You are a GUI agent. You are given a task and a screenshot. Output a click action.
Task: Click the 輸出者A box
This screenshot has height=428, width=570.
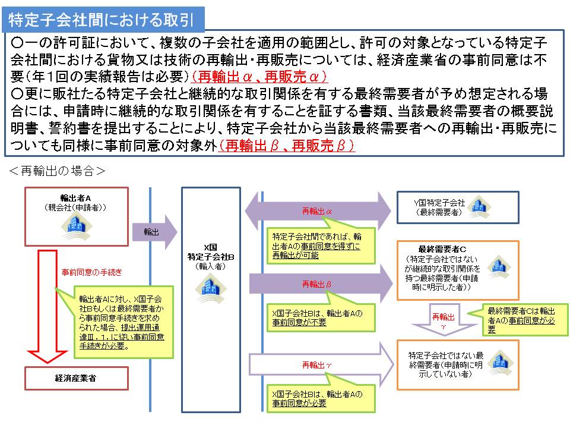coord(77,216)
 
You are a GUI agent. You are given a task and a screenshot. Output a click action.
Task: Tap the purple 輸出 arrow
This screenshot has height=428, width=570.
coord(156,232)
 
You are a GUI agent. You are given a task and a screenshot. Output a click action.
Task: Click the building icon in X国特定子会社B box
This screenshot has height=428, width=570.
coord(211,287)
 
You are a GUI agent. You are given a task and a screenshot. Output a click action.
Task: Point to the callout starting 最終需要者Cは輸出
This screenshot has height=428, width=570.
coord(520,315)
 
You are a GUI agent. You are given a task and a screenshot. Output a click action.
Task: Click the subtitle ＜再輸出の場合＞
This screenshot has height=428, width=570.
coord(58,171)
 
